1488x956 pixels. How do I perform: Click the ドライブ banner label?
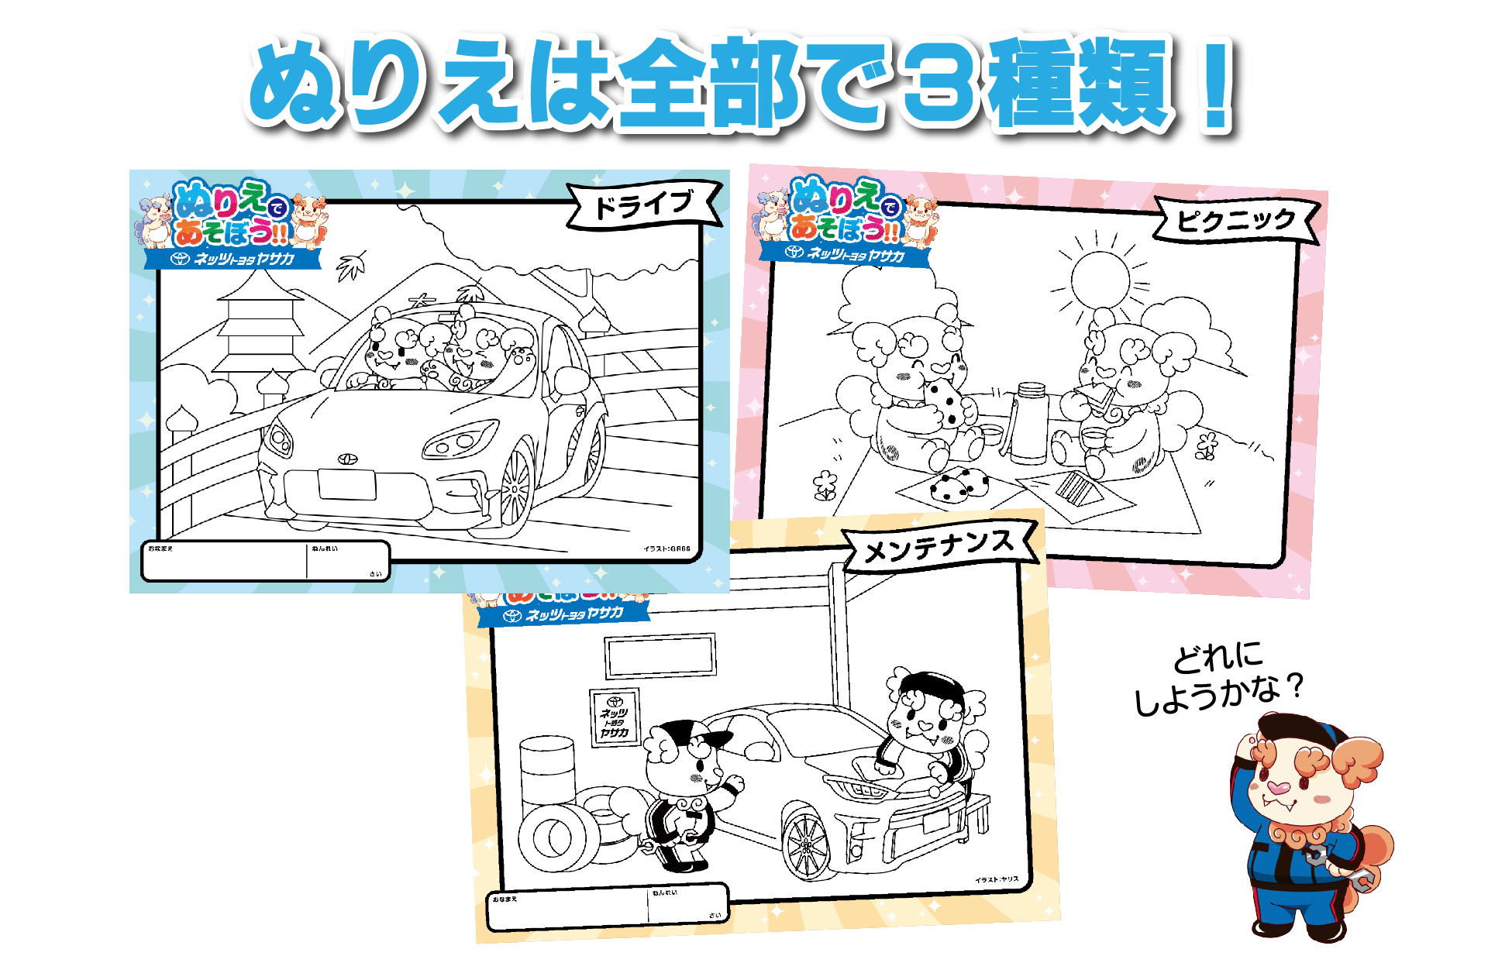click(643, 205)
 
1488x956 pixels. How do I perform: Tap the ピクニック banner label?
click(1235, 221)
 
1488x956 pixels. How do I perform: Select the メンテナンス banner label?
click(939, 547)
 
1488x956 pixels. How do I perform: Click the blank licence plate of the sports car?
click(347, 485)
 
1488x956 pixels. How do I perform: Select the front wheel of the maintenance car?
click(807, 845)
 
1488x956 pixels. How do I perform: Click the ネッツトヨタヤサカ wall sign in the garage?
click(615, 717)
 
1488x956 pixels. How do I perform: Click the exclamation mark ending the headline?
click(1214, 85)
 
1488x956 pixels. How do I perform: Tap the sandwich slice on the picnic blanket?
click(1077, 488)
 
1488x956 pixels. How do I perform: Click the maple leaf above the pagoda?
click(352, 265)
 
